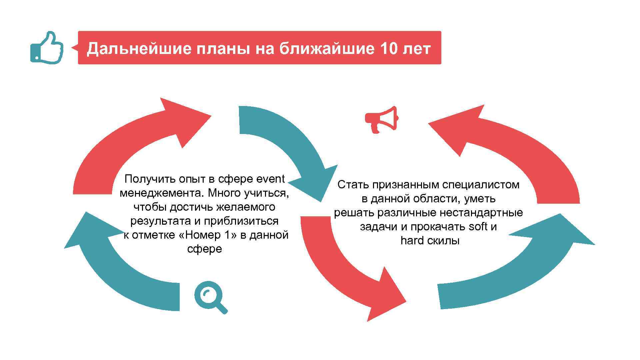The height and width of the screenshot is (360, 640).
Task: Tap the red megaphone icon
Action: coord(382,119)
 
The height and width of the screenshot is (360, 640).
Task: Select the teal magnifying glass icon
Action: coord(210,297)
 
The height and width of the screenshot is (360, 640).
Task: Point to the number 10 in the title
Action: coord(388,49)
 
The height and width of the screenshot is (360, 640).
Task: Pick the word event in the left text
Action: coord(270,179)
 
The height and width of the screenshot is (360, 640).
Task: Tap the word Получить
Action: coord(150,179)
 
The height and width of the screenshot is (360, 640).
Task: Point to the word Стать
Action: coord(352,185)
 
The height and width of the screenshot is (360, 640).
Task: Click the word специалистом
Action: coord(478,185)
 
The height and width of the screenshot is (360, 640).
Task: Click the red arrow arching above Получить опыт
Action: coord(133,140)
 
